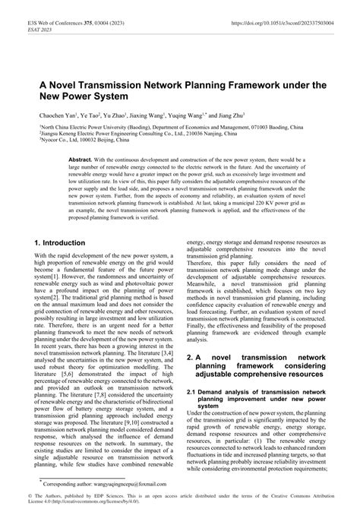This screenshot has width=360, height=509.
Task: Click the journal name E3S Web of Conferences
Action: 55,14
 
